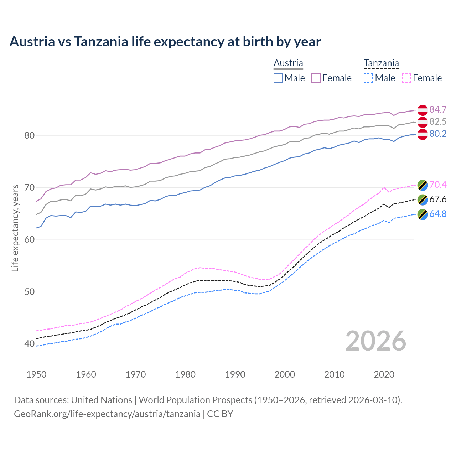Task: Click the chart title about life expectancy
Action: click(165, 42)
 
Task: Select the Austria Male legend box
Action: click(278, 78)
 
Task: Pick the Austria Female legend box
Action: click(316, 78)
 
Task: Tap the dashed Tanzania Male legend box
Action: click(368, 78)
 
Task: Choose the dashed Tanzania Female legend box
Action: click(406, 78)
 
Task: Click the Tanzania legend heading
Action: click(381, 63)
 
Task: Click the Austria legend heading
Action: click(288, 63)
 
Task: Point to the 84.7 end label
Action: click(438, 109)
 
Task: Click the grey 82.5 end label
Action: click(438, 121)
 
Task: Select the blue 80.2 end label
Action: click(438, 134)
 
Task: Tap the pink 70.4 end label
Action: click(438, 185)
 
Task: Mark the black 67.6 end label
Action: click(438, 199)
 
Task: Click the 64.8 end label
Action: click(438, 214)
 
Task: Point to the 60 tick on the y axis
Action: click(30, 240)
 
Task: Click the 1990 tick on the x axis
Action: click(235, 374)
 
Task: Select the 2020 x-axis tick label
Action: click(384, 374)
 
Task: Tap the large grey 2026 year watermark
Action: click(376, 341)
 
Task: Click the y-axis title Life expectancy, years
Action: click(15, 228)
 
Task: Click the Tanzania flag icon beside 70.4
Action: click(423, 185)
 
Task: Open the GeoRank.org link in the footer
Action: click(107, 414)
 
